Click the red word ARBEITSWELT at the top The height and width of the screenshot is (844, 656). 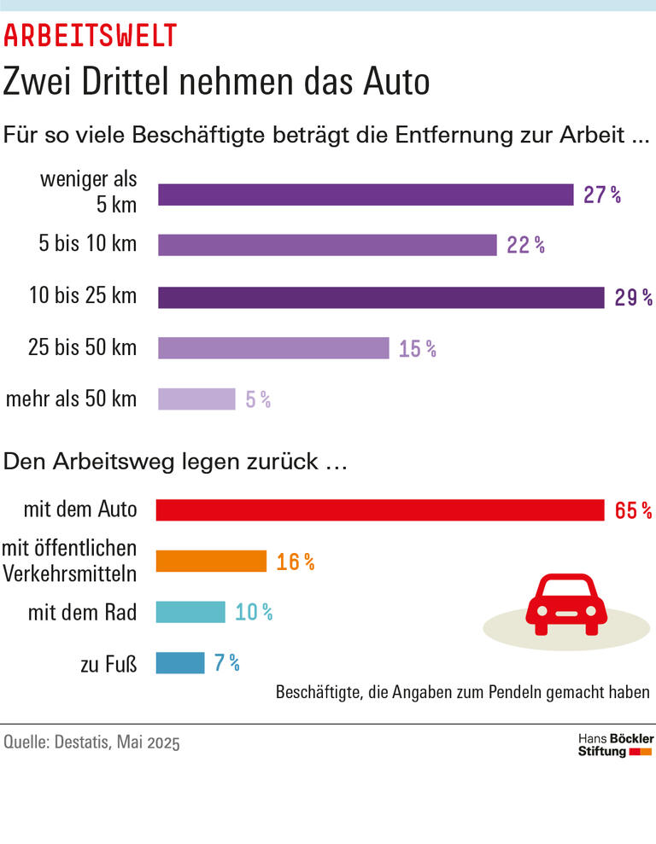tap(91, 35)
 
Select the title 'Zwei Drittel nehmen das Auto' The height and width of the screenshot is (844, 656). tap(216, 82)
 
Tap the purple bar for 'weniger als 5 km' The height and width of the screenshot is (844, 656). tap(366, 195)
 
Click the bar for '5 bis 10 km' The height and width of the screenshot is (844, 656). tap(327, 245)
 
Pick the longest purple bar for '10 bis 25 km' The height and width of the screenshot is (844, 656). tap(381, 297)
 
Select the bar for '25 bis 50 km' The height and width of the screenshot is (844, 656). tap(273, 348)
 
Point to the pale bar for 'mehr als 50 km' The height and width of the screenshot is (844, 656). tap(196, 399)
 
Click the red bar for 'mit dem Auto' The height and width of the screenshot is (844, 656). tap(380, 510)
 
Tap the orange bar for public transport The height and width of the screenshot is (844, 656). tap(211, 561)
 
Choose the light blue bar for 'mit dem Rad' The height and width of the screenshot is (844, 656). tap(190, 612)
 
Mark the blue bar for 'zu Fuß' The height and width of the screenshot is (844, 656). tap(180, 662)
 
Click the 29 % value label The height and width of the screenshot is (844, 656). tap(633, 297)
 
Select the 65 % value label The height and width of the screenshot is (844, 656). tap(633, 510)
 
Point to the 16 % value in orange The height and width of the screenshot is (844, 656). tap(296, 562)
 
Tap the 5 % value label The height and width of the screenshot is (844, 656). tap(258, 399)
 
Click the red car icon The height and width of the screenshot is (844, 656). tap(565, 604)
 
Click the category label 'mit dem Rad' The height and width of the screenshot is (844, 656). tap(82, 612)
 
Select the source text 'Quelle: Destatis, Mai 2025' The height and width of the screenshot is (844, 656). tap(92, 742)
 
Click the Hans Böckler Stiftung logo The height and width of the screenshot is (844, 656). tap(616, 744)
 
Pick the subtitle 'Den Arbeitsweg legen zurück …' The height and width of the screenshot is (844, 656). tap(175, 461)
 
